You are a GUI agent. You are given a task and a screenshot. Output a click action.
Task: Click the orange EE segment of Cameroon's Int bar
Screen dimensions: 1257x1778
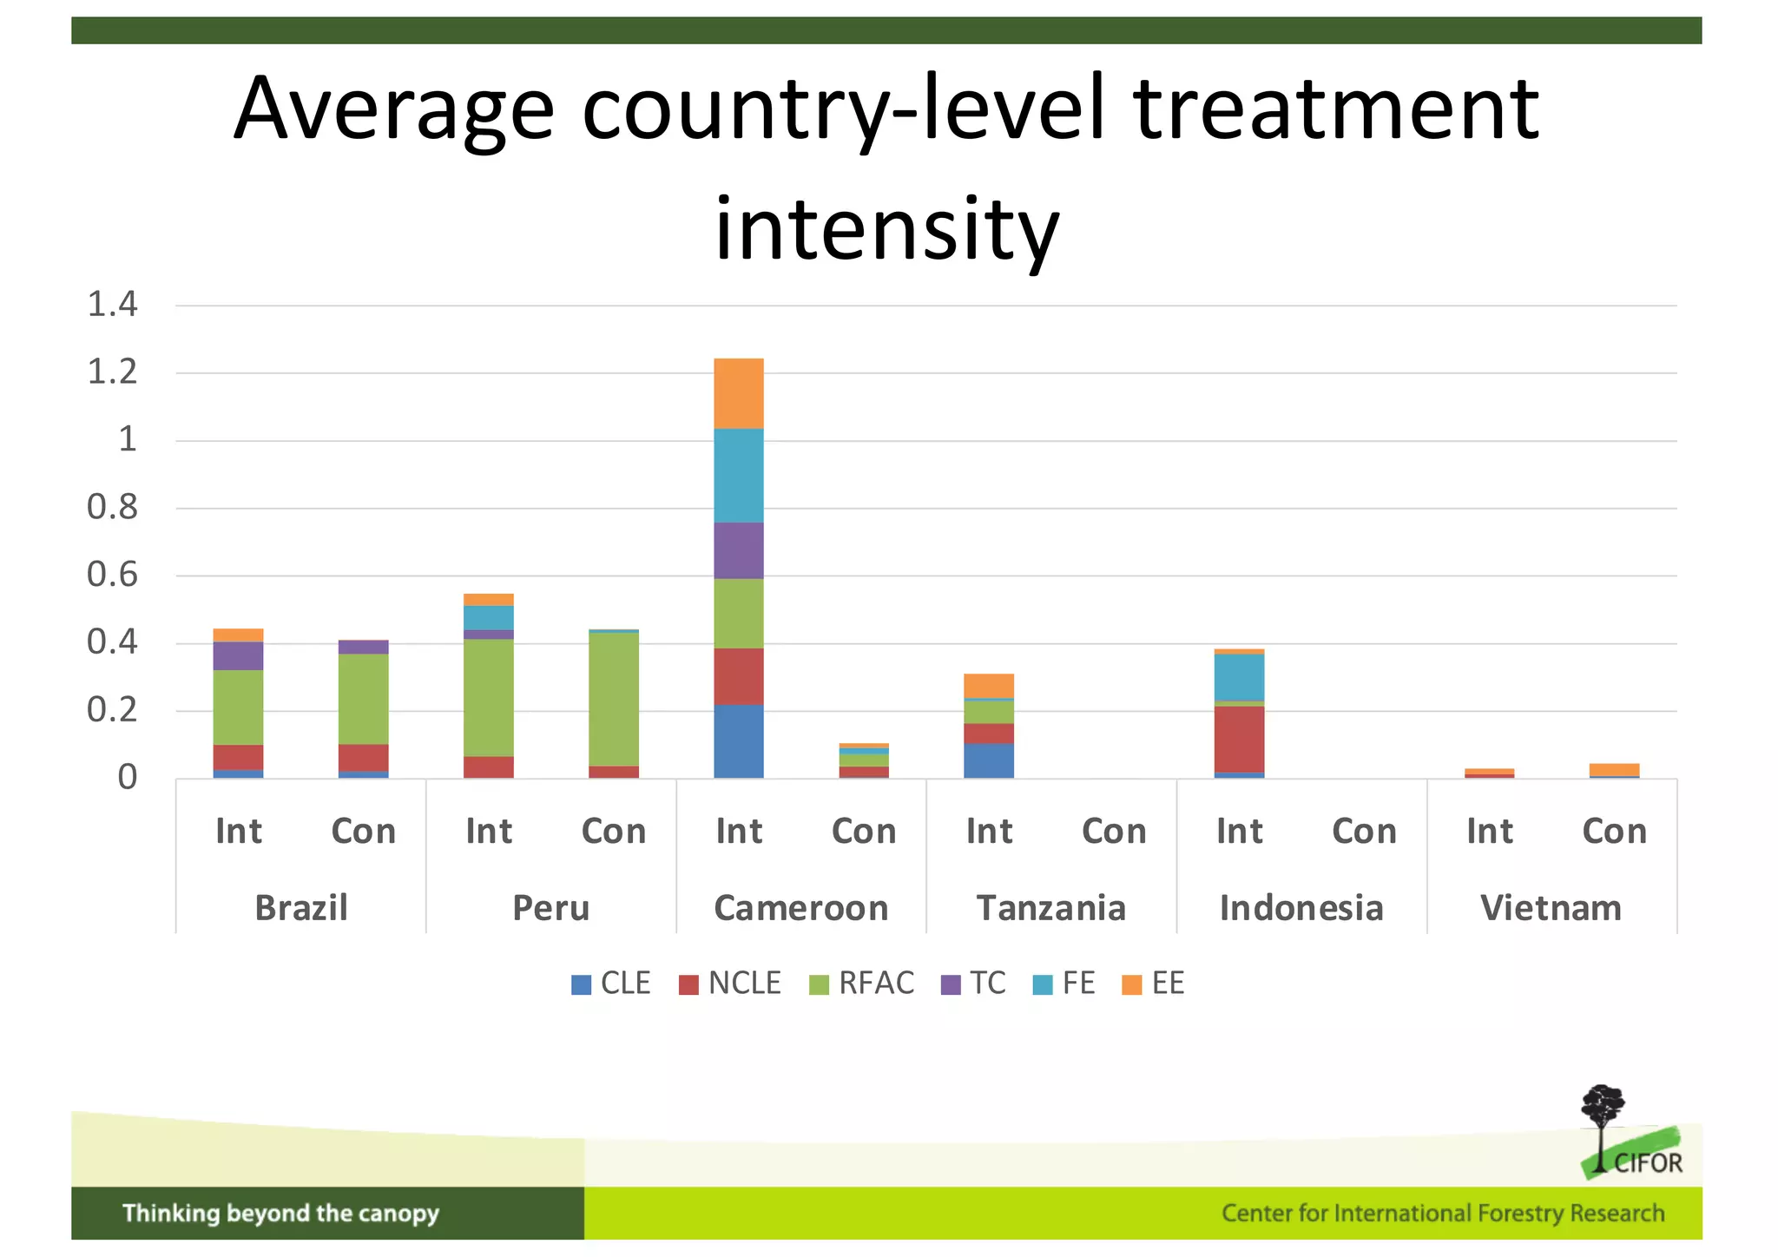739,393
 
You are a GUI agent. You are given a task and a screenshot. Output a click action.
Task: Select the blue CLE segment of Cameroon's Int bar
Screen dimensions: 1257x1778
739,741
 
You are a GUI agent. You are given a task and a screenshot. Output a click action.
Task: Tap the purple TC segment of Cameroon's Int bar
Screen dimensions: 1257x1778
739,550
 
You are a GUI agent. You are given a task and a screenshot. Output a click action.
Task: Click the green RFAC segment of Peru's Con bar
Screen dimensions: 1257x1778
614,699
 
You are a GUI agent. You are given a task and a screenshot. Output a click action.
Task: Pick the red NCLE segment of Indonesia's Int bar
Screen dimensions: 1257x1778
1239,739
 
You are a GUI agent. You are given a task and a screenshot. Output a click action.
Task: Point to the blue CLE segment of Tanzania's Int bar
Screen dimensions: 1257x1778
989,760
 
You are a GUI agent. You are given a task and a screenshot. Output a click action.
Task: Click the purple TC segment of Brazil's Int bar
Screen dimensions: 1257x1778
238,655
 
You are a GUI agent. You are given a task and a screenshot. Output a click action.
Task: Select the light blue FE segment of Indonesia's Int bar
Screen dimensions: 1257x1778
1239,677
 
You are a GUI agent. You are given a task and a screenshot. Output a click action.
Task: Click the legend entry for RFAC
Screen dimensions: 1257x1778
861,984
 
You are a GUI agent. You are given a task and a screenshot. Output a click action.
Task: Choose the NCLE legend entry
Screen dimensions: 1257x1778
730,984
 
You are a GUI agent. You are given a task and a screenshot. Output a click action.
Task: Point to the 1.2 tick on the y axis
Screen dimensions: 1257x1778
113,372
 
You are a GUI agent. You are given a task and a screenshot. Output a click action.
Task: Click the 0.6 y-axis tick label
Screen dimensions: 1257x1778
113,575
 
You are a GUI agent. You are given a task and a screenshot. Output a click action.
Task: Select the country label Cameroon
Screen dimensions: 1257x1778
800,908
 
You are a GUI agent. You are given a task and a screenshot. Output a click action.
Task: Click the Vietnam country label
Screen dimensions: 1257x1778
1551,908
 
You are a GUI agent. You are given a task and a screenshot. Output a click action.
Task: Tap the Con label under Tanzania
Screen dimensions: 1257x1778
1114,832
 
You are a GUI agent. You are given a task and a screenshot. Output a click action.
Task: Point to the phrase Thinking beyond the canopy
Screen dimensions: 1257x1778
280,1213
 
